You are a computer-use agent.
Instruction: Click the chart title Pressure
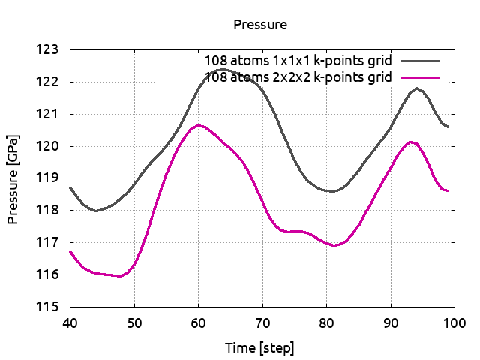(x=260, y=25)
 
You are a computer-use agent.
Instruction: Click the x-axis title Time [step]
(x=259, y=348)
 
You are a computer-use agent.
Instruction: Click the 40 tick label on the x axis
(x=70, y=322)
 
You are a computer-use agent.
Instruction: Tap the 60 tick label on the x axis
(x=198, y=322)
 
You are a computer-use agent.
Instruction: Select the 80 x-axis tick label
(x=326, y=322)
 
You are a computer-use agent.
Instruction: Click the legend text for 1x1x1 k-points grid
(x=299, y=60)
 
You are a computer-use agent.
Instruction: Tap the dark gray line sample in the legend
(x=420, y=60)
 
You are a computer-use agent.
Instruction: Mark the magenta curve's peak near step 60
(x=198, y=125)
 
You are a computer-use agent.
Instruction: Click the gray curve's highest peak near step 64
(x=223, y=69)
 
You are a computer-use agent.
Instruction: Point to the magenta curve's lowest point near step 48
(x=120, y=276)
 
